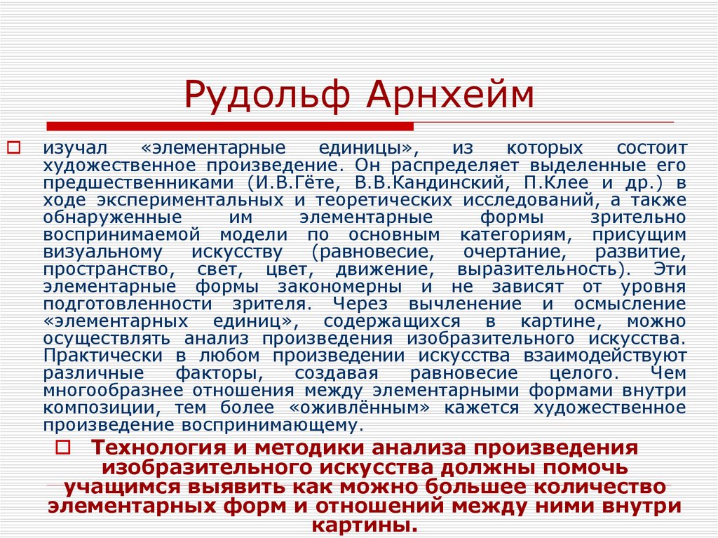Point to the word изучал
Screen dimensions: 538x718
pyautogui.click(x=74, y=149)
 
